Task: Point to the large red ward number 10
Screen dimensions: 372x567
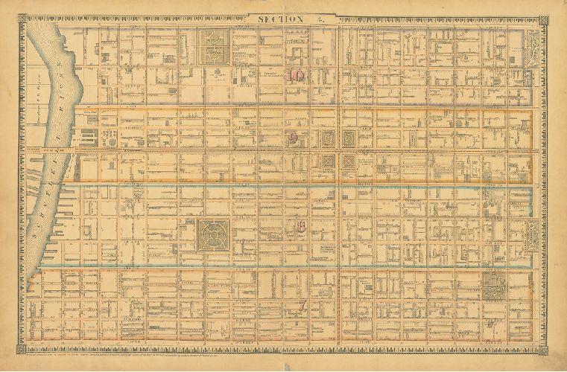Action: point(296,75)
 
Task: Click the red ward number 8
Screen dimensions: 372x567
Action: point(300,228)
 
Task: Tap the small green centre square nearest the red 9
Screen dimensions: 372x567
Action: point(328,138)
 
